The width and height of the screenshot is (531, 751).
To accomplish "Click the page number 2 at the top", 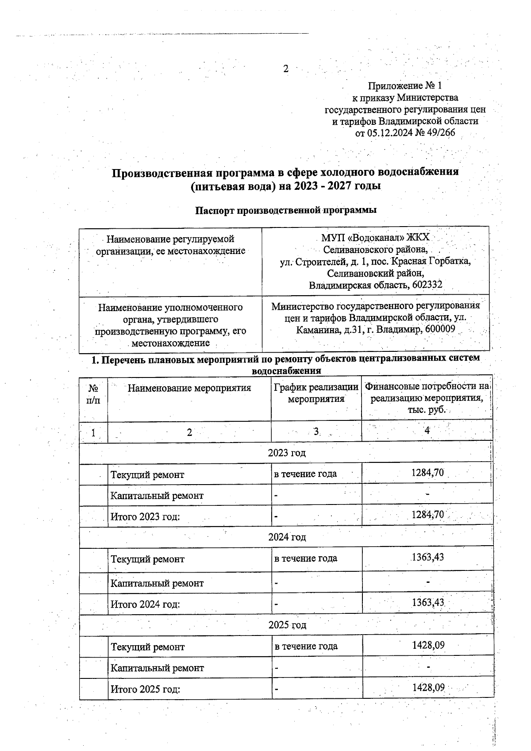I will coord(285,69).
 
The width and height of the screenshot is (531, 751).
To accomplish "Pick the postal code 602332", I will coord(427,285).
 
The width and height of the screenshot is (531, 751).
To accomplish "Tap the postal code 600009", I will coord(440,329).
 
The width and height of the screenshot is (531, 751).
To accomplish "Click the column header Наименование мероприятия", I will coord(189,388).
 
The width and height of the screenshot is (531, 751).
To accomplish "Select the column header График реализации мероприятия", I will coord(316,393).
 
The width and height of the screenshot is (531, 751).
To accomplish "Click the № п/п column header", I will coord(93,394).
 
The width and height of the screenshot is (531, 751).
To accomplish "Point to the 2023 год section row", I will coord(286,453).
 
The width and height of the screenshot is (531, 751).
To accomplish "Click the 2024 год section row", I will coord(287,537).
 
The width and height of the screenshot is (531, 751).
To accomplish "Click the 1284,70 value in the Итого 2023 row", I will coord(427,514).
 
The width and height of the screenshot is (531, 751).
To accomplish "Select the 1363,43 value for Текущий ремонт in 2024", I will coord(427,557).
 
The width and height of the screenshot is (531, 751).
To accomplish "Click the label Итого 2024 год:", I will coord(145,604).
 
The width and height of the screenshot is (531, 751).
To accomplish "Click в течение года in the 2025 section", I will coord(306,646).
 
